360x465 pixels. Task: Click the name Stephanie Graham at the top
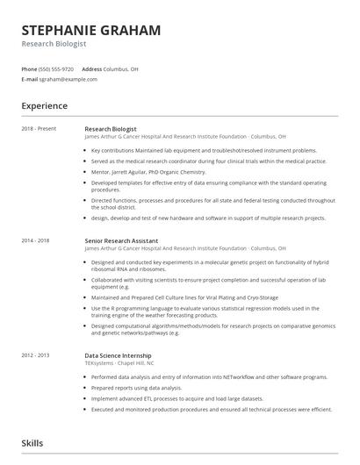tap(91, 31)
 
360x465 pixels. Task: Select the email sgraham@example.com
tap(69, 79)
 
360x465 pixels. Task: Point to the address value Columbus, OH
tap(121, 68)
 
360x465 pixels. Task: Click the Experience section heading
tap(45, 106)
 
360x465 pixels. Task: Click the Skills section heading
tap(32, 443)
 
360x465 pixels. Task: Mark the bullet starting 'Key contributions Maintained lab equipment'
tap(204, 150)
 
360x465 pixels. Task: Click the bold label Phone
tap(29, 68)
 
